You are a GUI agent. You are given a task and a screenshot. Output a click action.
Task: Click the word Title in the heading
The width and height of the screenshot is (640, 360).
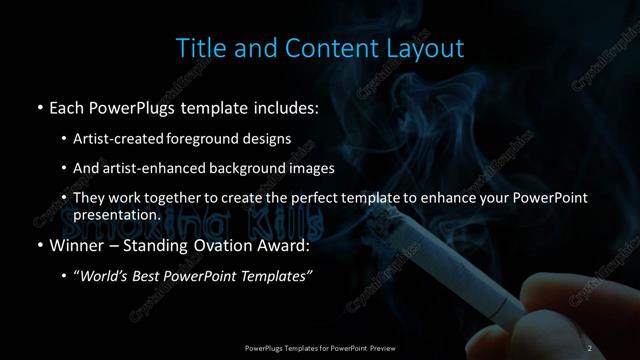[197, 47]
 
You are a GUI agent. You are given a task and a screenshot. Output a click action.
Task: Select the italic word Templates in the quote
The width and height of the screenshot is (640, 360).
[278, 277]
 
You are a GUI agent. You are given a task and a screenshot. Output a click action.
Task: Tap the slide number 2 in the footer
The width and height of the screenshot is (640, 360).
[591, 347]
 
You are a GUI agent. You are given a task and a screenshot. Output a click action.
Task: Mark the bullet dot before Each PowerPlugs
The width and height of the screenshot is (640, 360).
[38, 106]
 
